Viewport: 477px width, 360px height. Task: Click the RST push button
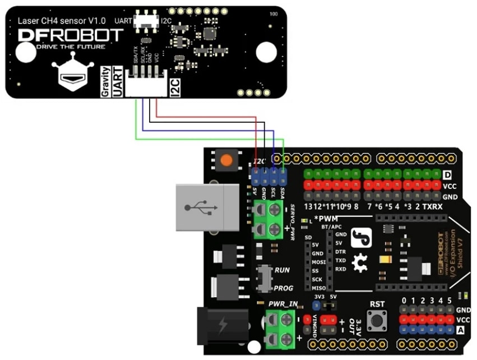(377, 321)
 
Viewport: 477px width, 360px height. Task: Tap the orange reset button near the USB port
(226, 160)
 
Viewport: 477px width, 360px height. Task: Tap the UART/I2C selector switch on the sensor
(149, 21)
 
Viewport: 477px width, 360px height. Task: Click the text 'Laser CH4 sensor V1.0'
(55, 21)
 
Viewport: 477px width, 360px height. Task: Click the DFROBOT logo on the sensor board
(70, 35)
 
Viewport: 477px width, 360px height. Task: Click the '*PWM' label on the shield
(326, 218)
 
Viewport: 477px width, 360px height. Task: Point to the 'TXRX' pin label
(433, 207)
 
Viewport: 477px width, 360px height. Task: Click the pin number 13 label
(308, 207)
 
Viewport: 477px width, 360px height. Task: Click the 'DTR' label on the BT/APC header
(340, 252)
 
